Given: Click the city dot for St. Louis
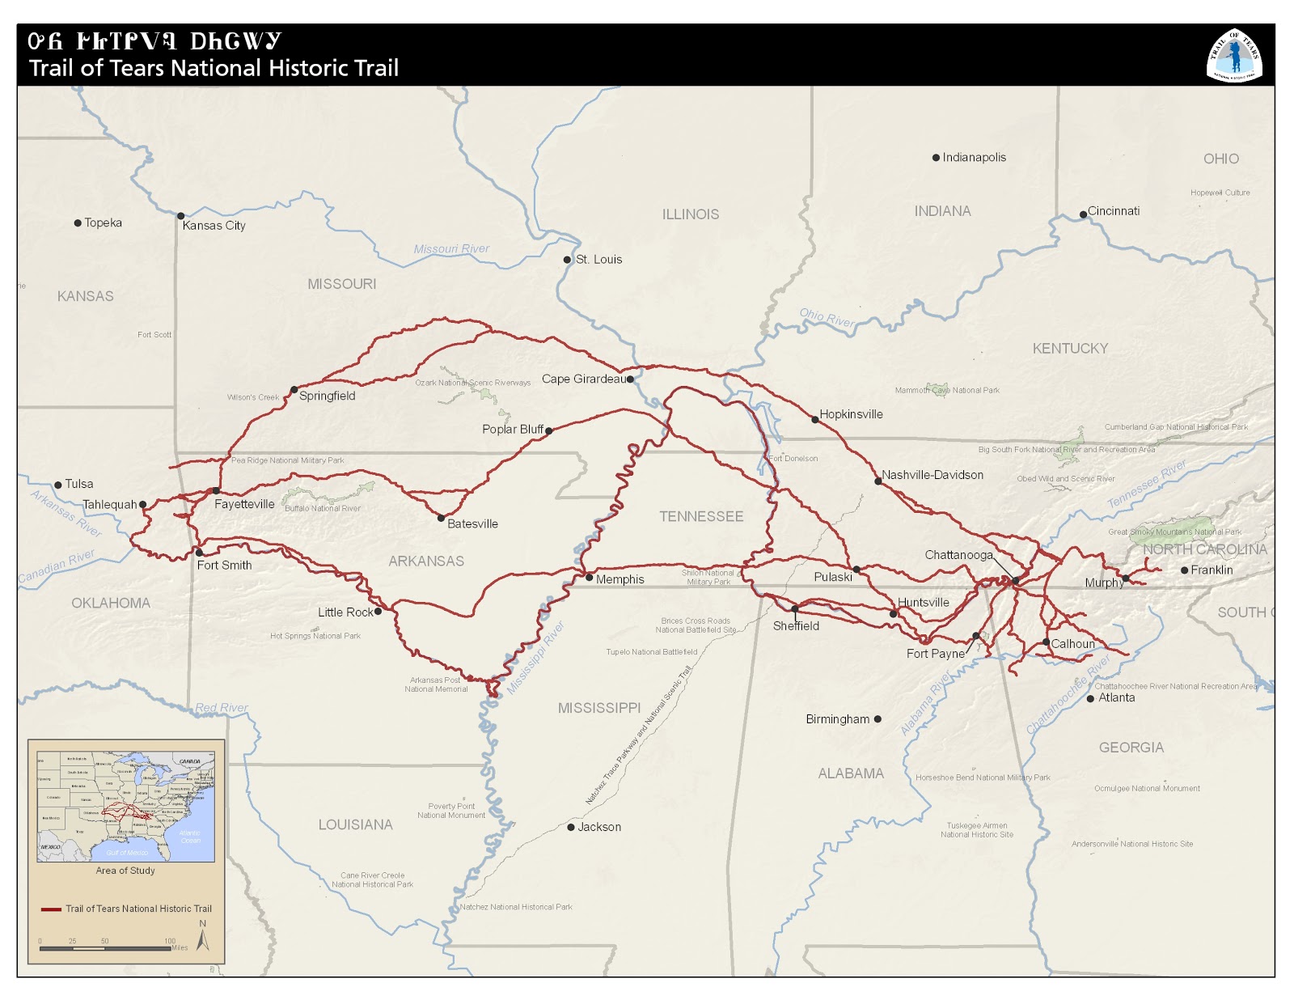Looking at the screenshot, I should click(x=567, y=260).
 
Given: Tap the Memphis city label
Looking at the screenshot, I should click(x=620, y=579).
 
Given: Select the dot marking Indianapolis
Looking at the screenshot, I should click(x=936, y=158).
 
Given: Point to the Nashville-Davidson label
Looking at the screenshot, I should click(x=932, y=475).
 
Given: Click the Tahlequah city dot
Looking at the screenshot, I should click(x=143, y=504).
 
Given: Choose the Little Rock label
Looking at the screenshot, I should click(x=345, y=612).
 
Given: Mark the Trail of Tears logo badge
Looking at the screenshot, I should click(x=1234, y=55).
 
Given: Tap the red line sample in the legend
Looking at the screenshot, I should click(x=51, y=909).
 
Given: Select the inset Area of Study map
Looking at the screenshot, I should click(x=125, y=806).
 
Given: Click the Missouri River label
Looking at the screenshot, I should click(x=451, y=249).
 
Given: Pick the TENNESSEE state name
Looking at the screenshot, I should click(x=700, y=516).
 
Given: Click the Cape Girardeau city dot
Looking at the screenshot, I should click(x=630, y=379).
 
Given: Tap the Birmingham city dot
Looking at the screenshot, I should click(x=877, y=718).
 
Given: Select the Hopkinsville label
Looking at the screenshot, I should click(x=851, y=414).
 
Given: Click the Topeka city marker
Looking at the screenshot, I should click(x=78, y=223).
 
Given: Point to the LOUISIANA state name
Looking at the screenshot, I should click(x=355, y=824).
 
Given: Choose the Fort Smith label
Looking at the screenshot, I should click(x=224, y=566).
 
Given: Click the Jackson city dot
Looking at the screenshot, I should click(x=570, y=827).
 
